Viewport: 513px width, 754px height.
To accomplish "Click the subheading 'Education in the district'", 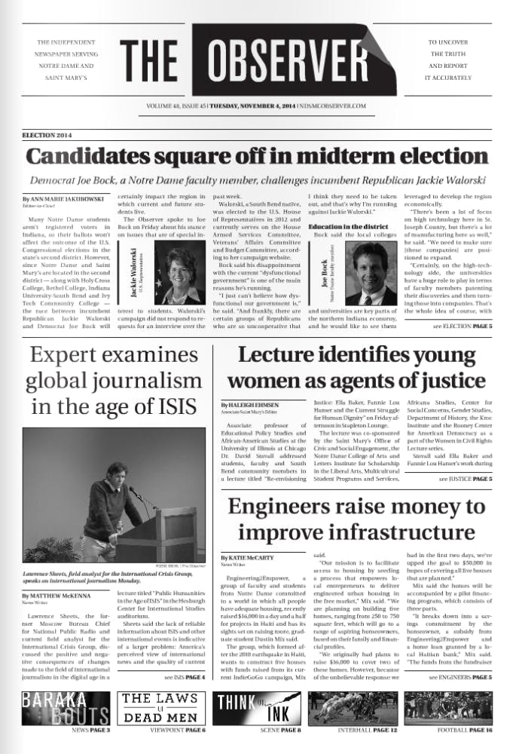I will pos(348,226).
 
